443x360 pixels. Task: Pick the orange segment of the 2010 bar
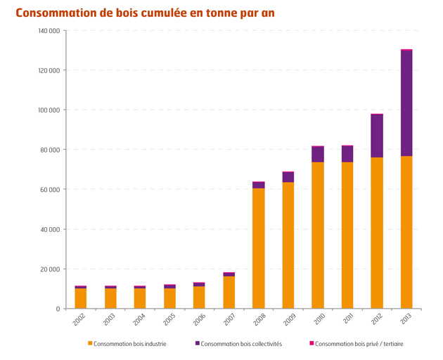tap(318, 236)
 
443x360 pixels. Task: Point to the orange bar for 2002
tap(81, 298)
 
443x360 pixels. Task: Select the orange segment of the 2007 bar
tap(229, 292)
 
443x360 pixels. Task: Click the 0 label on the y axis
tap(57, 309)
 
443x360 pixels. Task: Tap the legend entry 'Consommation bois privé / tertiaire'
tap(359, 344)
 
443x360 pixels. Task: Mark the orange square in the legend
tap(90, 344)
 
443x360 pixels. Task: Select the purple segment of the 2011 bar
tap(347, 154)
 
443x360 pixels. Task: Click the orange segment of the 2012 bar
tap(377, 233)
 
